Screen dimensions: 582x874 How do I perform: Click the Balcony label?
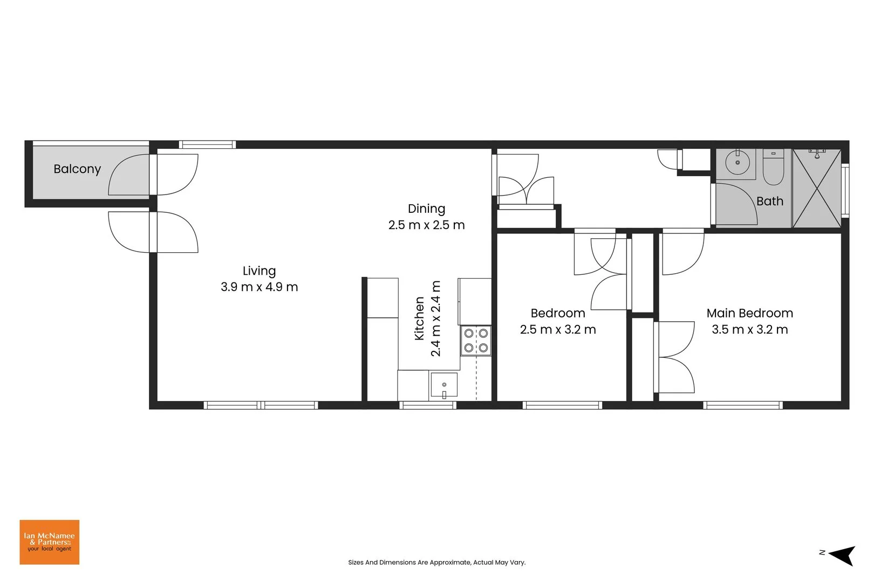coord(77,169)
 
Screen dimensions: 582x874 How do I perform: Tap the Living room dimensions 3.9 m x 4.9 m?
coord(259,287)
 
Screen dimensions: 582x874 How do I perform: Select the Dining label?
coord(426,209)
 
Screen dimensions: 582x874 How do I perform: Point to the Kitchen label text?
coord(419,318)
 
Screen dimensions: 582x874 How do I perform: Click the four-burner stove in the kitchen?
coord(476,341)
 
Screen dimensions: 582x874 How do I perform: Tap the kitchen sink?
coord(443,385)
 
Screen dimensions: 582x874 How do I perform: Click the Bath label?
coord(769,201)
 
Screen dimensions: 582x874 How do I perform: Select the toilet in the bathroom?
coord(773,167)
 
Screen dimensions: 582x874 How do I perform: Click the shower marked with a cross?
coord(816,189)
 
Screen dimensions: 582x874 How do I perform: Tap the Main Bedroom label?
coord(749,313)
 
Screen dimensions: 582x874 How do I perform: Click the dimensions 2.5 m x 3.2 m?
coord(558,330)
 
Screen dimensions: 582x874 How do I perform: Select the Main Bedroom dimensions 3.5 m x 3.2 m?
coord(749,330)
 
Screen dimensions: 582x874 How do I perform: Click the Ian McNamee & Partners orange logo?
coord(50,542)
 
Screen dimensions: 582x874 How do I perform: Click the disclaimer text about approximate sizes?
coord(436,563)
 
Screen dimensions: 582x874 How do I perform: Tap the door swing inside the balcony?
coord(128,175)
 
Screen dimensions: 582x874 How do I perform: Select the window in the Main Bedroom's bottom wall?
coord(743,405)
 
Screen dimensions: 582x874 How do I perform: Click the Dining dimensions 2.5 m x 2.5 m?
coord(426,225)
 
